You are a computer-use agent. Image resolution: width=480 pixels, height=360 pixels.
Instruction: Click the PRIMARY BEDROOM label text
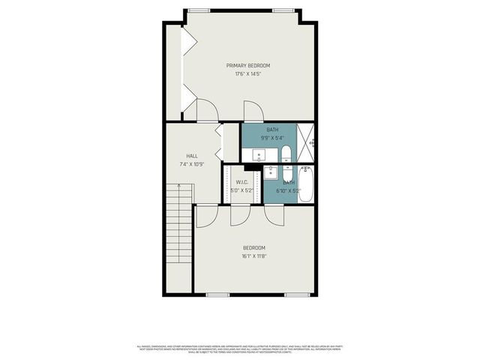pos(247,66)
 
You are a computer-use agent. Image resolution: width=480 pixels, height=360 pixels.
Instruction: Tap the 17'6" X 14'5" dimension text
pos(247,74)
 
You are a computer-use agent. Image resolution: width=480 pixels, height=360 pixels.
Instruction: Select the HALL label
pos(181,155)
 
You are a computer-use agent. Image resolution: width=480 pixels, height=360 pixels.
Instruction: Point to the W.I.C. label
pos(242,182)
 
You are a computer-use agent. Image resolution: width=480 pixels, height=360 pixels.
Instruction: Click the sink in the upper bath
pos(259,154)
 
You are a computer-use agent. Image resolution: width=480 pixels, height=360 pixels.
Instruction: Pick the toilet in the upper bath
pos(286,154)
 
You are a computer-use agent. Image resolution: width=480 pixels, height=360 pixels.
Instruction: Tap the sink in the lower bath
pos(272,172)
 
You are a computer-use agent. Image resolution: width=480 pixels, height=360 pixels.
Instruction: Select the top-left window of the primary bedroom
pos(199,10)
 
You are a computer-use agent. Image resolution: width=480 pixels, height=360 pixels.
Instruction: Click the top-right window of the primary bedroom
pos(284,10)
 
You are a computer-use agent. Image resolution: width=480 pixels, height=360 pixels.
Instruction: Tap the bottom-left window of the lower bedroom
pos(217,295)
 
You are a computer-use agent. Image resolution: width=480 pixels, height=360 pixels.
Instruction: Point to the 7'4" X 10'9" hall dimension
pos(181,163)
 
